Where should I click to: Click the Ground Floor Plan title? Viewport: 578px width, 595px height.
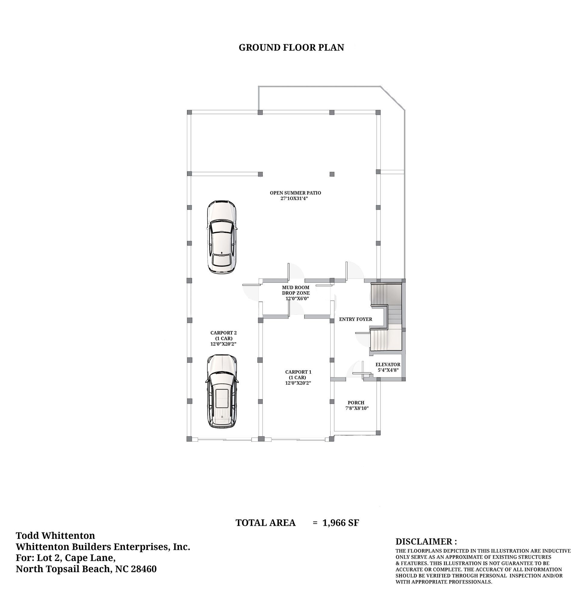291,48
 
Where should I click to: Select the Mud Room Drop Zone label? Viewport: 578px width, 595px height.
296,293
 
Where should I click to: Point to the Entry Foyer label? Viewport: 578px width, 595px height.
355,319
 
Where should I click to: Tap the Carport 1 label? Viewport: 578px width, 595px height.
298,377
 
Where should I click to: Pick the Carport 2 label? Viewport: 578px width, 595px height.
223,338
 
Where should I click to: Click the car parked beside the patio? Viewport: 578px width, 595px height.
222,237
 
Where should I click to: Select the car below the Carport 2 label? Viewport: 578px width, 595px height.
222,392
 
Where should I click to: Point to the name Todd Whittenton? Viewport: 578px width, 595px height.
55,535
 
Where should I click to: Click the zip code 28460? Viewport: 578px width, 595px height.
144,569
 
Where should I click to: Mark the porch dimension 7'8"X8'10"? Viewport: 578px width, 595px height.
357,408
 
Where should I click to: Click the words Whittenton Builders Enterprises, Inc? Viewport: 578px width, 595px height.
103,547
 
